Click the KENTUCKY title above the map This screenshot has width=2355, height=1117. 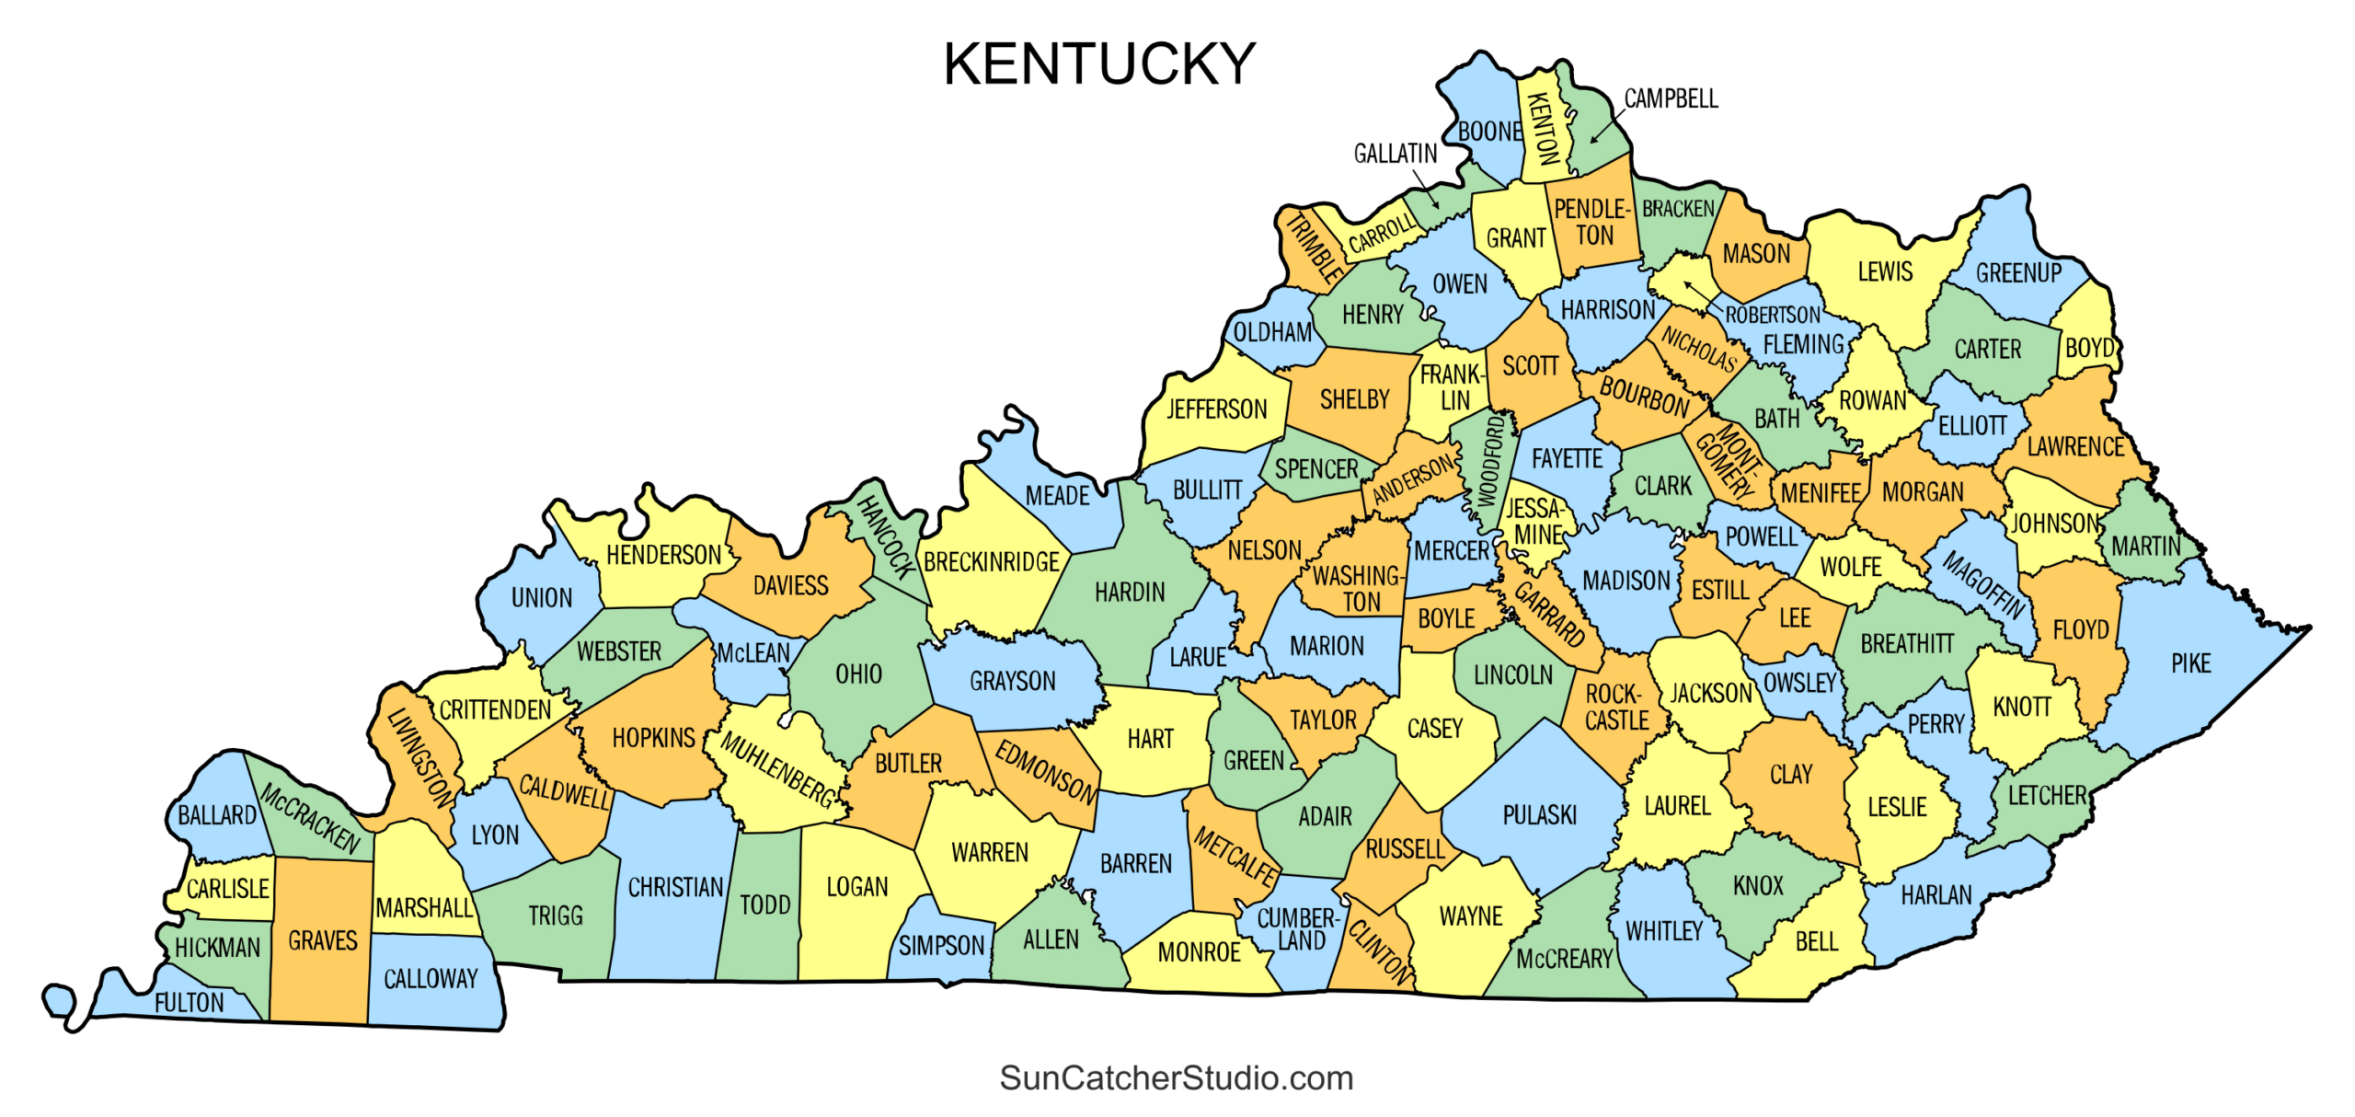[1098, 64]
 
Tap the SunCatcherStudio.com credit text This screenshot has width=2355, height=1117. [1176, 1077]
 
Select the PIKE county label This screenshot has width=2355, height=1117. [2190, 663]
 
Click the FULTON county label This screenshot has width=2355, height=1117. [189, 1002]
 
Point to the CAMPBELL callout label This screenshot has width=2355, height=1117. [1671, 98]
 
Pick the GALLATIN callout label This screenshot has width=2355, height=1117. [1395, 154]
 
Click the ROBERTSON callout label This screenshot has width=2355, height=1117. [1772, 315]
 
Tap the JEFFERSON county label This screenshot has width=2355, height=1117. [1216, 409]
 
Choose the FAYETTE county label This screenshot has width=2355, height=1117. [1567, 458]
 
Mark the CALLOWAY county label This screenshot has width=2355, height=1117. [431, 978]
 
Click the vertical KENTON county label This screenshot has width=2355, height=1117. [1542, 129]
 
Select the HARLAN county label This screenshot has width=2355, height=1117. [1936, 894]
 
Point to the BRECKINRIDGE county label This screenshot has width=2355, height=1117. [992, 561]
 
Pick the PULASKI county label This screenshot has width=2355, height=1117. [1539, 815]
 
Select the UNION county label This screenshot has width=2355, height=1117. [541, 598]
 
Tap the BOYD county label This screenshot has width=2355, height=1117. [2089, 348]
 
